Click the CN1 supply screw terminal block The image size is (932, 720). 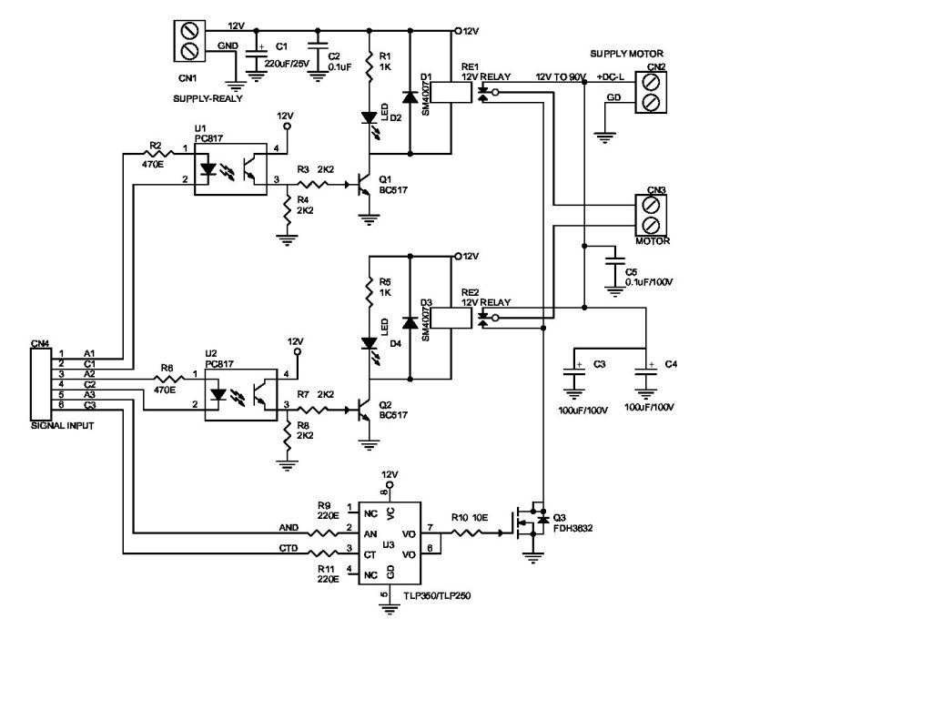coord(191,41)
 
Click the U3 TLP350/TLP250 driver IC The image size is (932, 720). coord(390,544)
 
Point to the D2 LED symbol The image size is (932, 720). coord(370,117)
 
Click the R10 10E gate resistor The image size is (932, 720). coord(472,534)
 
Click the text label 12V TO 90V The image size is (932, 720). coord(561,76)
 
